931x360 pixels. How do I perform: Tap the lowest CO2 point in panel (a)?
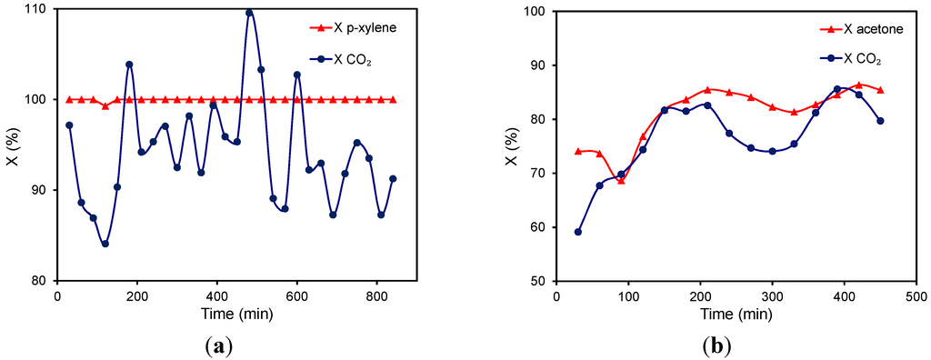[105, 244]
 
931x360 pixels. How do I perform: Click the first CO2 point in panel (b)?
[578, 232]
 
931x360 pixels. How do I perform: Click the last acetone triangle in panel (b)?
[880, 90]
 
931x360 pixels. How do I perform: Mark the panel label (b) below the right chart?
[716, 345]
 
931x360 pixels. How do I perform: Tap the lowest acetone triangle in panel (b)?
[621, 181]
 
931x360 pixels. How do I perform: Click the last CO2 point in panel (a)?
[393, 179]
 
